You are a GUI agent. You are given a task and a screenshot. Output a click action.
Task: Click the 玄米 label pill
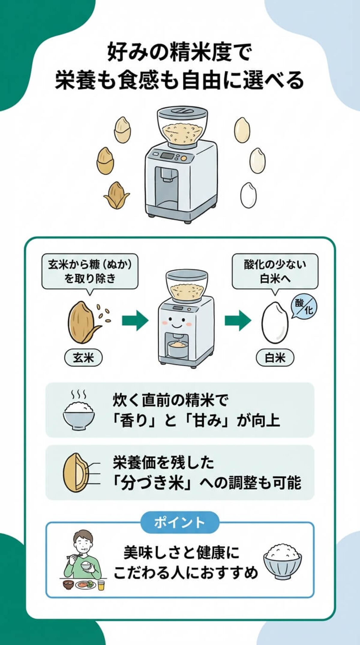tap(83, 358)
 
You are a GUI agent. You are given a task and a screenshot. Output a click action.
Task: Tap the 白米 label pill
tap(275, 358)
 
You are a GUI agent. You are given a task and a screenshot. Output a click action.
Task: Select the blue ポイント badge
tap(180, 522)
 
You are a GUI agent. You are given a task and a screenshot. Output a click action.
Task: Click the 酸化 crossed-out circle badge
tap(304, 306)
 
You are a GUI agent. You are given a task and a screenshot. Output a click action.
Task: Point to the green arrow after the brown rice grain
tap(135, 320)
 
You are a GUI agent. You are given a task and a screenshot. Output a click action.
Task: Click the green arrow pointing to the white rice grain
tap(238, 320)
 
